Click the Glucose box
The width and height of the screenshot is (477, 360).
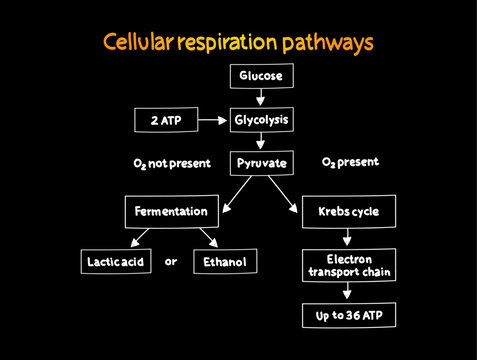260,75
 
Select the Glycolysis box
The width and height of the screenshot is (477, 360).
260,120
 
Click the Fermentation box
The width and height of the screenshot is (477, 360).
170,211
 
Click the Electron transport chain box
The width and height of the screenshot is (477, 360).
347,264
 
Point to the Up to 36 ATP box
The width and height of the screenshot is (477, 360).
347,316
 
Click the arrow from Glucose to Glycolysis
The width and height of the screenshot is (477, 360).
260,97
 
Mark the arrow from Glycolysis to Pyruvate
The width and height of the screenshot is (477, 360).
260,141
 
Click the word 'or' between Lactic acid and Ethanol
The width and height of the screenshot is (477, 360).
170,261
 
